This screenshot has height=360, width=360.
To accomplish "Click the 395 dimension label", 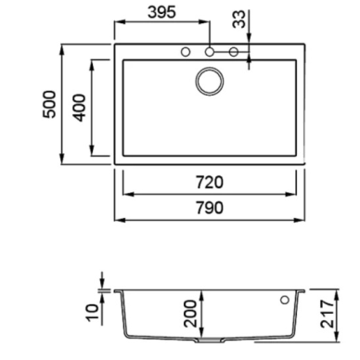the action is point(161,12).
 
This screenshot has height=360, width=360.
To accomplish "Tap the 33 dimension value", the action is point(239,19).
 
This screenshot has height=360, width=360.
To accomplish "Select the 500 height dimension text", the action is point(49,104).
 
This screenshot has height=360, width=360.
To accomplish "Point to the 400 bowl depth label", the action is point(79,108).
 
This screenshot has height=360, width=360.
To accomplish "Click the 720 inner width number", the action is point(210,182).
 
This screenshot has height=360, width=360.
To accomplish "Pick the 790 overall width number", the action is point(210,208).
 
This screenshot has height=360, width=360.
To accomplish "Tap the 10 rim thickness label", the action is point(93,313).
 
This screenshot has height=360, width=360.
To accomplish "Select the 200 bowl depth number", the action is point(190,314).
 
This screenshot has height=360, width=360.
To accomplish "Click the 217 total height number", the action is point(328,314).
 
